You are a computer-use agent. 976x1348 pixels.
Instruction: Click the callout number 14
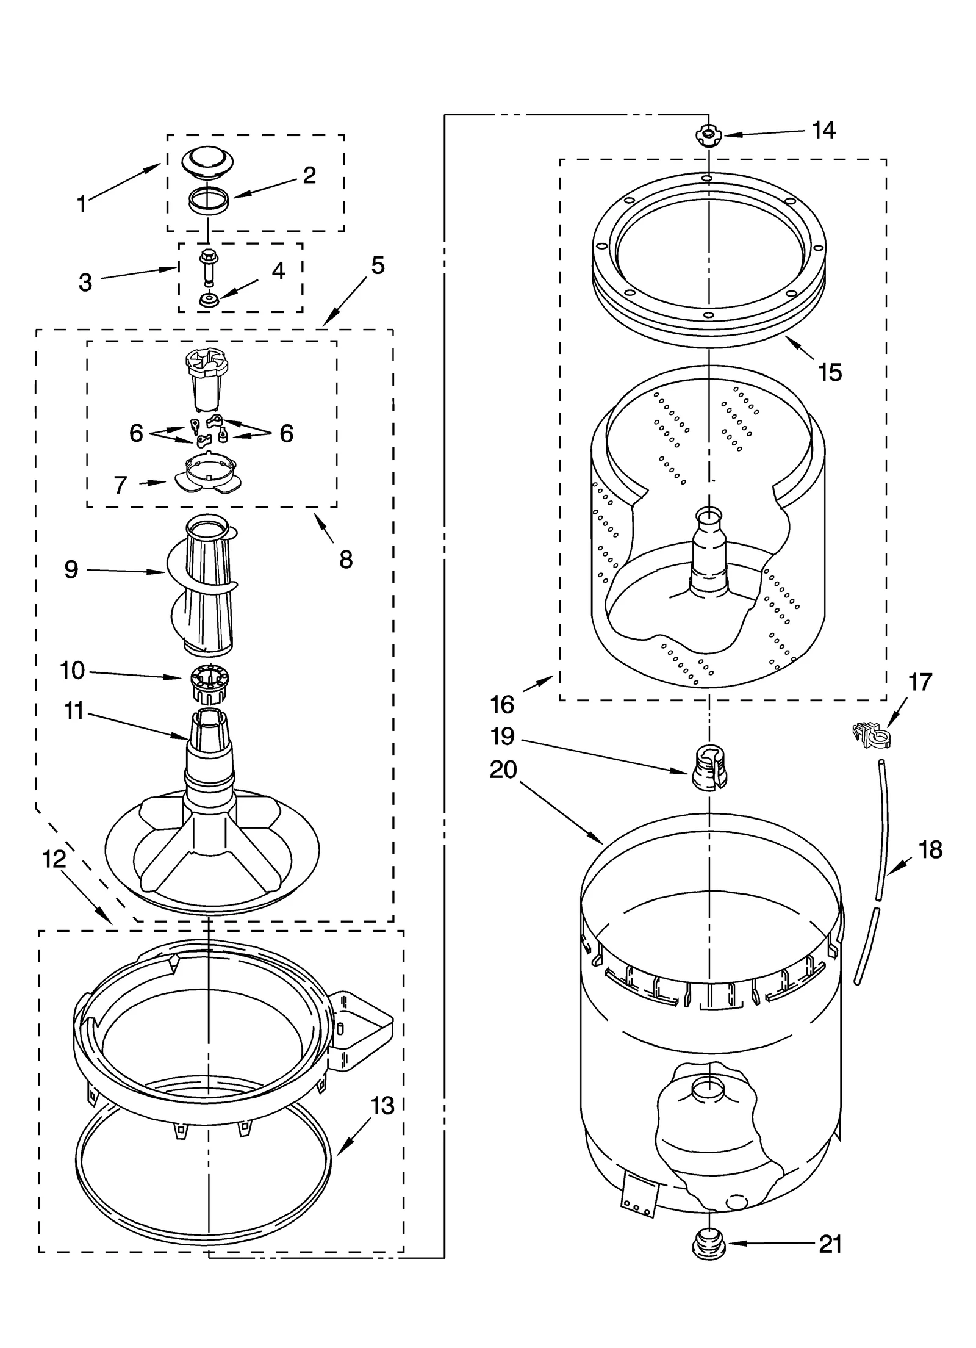point(823,130)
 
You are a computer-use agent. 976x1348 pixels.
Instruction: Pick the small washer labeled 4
point(209,300)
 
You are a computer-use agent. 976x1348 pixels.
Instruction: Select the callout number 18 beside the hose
point(930,850)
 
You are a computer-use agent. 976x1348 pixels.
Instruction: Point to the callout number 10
point(73,671)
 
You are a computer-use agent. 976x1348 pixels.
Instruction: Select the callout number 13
point(382,1105)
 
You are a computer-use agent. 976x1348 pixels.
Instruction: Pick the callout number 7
point(120,485)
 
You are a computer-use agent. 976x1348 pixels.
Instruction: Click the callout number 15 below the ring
point(830,372)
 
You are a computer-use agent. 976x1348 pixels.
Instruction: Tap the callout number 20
point(503,770)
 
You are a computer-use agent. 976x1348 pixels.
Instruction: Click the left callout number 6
point(136,433)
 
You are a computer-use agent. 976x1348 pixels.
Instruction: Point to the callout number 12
point(54,860)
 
